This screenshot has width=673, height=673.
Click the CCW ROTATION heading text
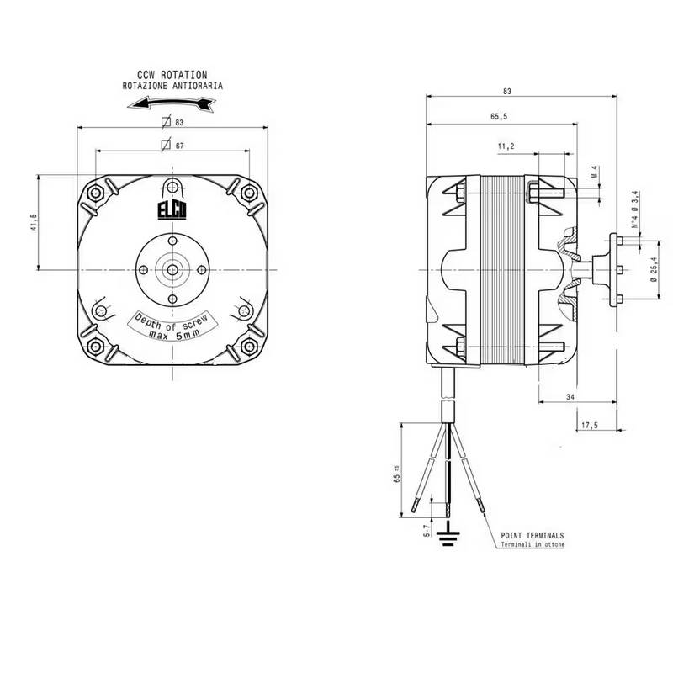tap(172, 75)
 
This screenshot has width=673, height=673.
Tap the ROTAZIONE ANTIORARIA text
tap(172, 86)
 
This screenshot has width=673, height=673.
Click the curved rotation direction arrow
tap(172, 103)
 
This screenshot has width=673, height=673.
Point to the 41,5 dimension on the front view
tap(34, 223)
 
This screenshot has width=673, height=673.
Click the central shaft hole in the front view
tap(172, 270)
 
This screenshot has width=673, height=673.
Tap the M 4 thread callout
tap(595, 172)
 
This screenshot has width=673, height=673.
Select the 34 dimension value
tap(570, 396)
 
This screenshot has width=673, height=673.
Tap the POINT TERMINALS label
tap(533, 535)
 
